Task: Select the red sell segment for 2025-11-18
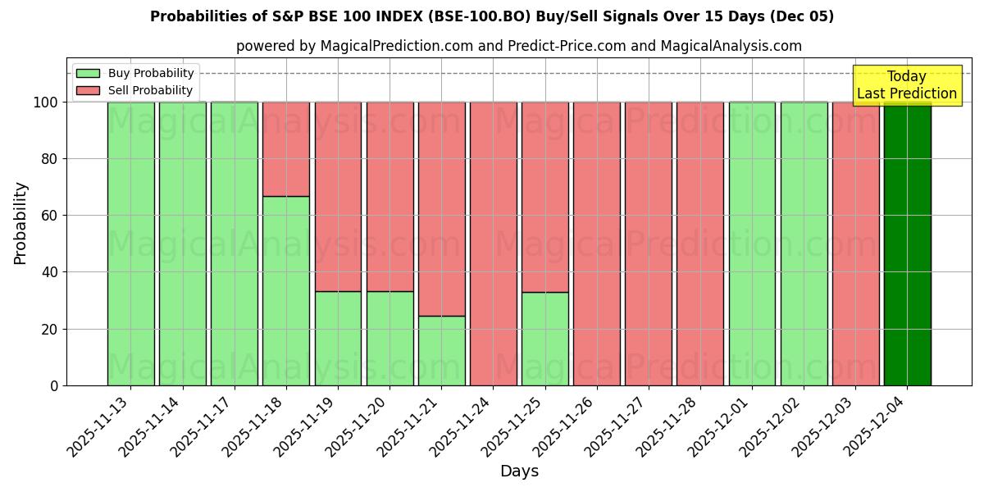click(x=286, y=148)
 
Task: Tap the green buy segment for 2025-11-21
click(x=441, y=350)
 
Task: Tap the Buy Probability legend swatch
click(x=88, y=74)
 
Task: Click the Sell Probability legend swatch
click(x=88, y=91)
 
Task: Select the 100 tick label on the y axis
click(x=45, y=102)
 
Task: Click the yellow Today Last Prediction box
click(x=906, y=85)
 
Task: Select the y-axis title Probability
click(x=20, y=223)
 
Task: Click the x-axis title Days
click(x=519, y=471)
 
